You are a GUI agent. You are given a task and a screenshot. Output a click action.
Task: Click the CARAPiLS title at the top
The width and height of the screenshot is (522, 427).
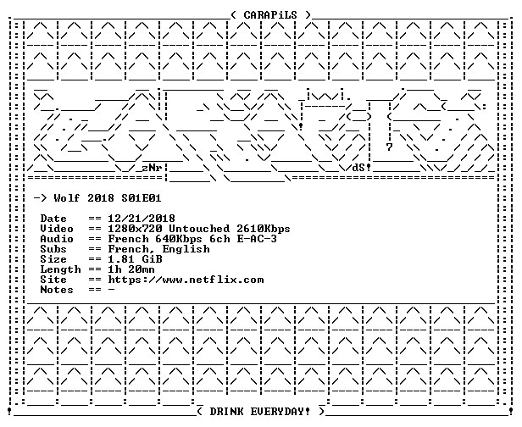(x=270, y=15)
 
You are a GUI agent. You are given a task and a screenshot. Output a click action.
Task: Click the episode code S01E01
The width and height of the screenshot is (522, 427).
(x=142, y=198)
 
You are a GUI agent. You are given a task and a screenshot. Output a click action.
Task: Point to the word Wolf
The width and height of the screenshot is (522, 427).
(x=67, y=198)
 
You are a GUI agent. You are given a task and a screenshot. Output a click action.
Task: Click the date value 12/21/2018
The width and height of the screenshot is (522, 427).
(x=142, y=219)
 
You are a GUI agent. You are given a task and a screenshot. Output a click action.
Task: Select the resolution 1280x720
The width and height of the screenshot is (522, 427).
(x=136, y=229)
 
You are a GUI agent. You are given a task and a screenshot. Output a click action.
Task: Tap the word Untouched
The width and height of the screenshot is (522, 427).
(x=199, y=229)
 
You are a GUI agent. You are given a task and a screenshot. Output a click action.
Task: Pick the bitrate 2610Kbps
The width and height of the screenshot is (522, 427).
(x=264, y=229)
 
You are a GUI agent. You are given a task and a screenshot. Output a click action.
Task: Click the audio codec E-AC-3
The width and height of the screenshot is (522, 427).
(x=257, y=239)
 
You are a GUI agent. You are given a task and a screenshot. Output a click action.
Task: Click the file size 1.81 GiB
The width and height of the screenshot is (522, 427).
(x=136, y=259)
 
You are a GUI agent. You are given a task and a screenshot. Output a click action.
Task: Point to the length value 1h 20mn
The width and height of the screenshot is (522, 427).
(x=131, y=269)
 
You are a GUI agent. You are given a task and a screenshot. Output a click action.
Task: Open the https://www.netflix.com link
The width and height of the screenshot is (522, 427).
(x=186, y=280)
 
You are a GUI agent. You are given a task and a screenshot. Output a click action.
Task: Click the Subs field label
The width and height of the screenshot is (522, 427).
(x=53, y=249)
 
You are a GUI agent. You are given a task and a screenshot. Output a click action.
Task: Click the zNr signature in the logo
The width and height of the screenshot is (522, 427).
(x=153, y=168)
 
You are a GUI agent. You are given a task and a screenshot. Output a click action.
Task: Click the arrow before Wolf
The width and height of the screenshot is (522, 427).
(x=41, y=198)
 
